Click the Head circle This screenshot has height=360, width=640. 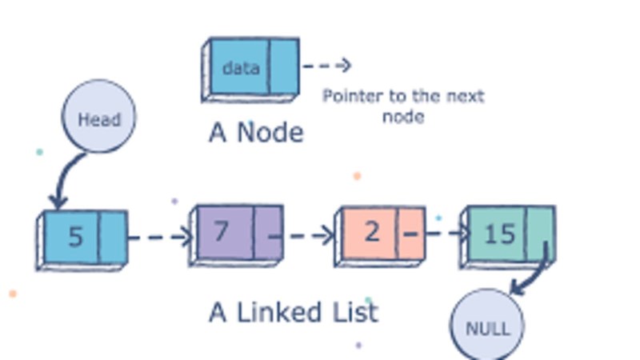tap(98, 118)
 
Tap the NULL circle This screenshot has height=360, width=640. tap(486, 327)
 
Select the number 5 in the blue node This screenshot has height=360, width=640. tap(74, 238)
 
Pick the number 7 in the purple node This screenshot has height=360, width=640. tap(222, 231)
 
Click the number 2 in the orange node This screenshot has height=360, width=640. tap(371, 232)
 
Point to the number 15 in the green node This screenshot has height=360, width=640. tap(499, 234)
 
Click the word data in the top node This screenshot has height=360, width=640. tap(240, 68)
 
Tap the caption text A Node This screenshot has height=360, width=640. tap(256, 132)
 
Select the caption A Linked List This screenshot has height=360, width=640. tap(293, 311)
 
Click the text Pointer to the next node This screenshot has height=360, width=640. tap(402, 106)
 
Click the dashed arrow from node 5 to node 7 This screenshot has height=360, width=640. tap(160, 237)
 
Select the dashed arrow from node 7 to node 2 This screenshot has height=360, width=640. tap(308, 236)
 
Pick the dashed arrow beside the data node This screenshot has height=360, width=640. tap(326, 66)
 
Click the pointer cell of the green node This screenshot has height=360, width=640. tap(539, 231)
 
